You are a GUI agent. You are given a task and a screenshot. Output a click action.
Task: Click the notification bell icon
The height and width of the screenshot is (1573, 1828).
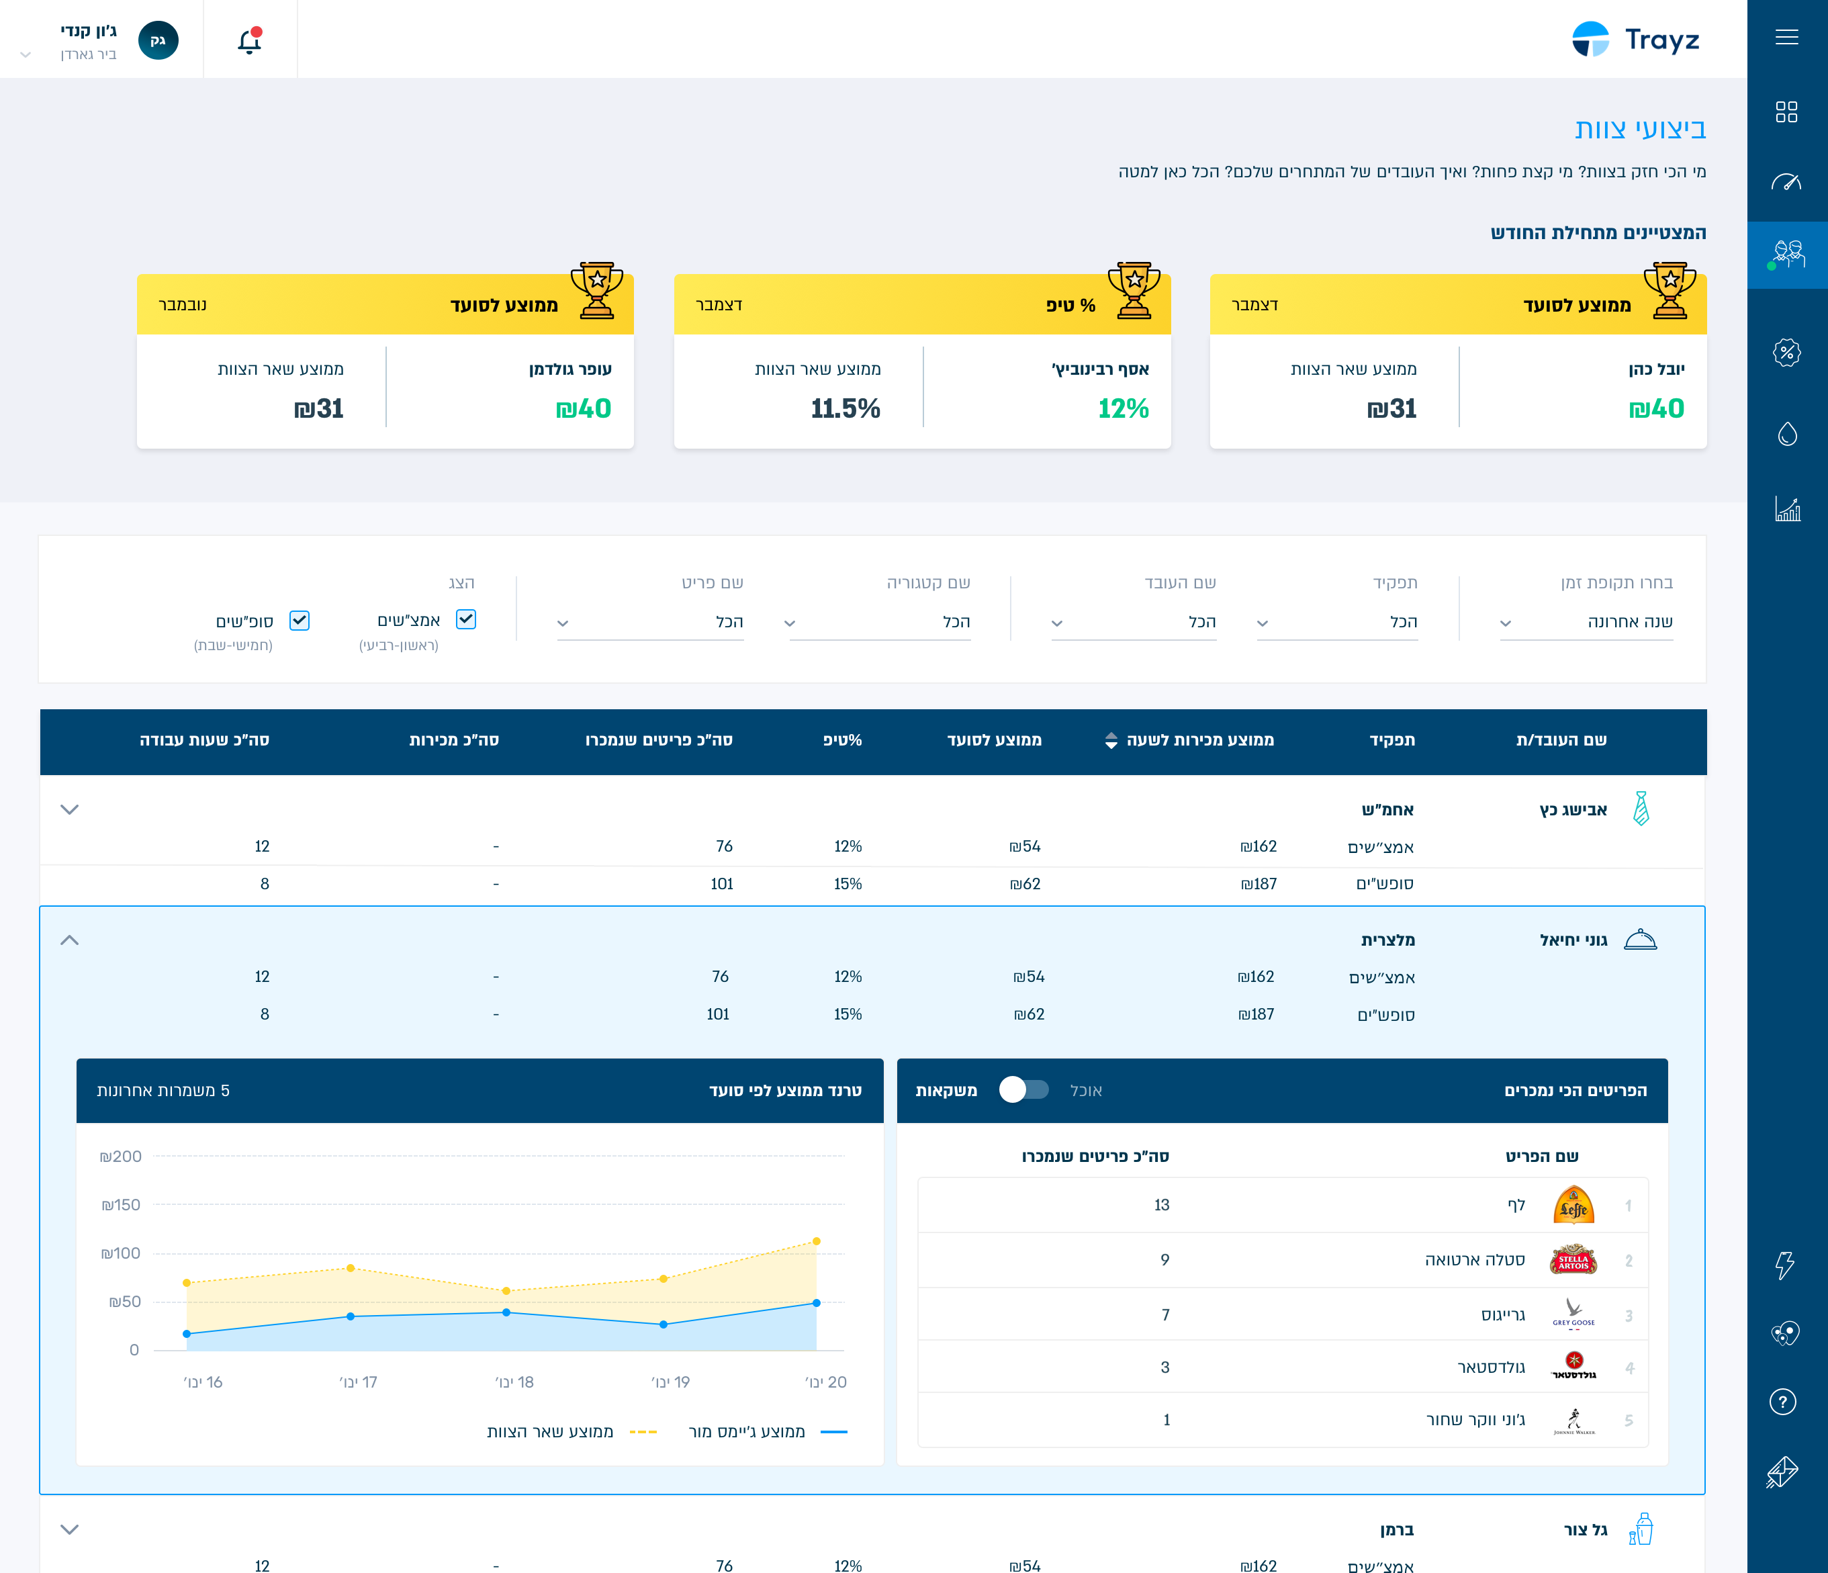[250, 40]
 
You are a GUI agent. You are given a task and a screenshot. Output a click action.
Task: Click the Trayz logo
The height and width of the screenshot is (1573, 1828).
[1636, 40]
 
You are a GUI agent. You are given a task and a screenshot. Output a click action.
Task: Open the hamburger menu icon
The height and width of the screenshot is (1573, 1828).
[1786, 37]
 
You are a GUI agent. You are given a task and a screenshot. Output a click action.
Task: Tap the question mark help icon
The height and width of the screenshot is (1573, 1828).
[1783, 1401]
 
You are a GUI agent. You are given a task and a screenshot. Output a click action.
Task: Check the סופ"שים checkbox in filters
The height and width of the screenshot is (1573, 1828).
[300, 620]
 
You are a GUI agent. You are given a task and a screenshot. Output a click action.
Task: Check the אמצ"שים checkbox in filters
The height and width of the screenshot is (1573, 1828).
[466, 619]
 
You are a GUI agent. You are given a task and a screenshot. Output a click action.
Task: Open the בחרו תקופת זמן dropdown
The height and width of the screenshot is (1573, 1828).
[1586, 622]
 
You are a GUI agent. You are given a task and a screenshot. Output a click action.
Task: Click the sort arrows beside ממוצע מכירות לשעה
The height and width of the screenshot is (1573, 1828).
[1111, 740]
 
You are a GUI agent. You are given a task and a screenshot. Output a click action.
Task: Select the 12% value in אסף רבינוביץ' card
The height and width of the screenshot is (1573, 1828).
[1123, 408]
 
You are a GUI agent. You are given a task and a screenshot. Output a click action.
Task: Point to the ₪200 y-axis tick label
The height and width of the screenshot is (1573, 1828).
[120, 1156]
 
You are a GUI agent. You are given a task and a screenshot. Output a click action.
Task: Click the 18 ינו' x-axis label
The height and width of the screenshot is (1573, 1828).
[514, 1382]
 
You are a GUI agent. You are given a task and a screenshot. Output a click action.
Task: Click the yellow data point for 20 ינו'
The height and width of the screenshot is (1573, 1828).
[817, 1241]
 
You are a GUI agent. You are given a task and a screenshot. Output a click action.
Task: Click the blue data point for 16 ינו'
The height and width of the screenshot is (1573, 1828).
[186, 1334]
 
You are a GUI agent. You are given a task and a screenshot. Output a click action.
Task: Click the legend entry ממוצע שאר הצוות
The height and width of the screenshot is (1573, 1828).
[572, 1431]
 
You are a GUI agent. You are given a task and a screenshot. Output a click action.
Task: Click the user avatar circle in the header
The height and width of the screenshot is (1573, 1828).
[158, 40]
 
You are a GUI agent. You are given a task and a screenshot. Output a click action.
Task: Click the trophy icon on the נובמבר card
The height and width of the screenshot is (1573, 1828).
[597, 290]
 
